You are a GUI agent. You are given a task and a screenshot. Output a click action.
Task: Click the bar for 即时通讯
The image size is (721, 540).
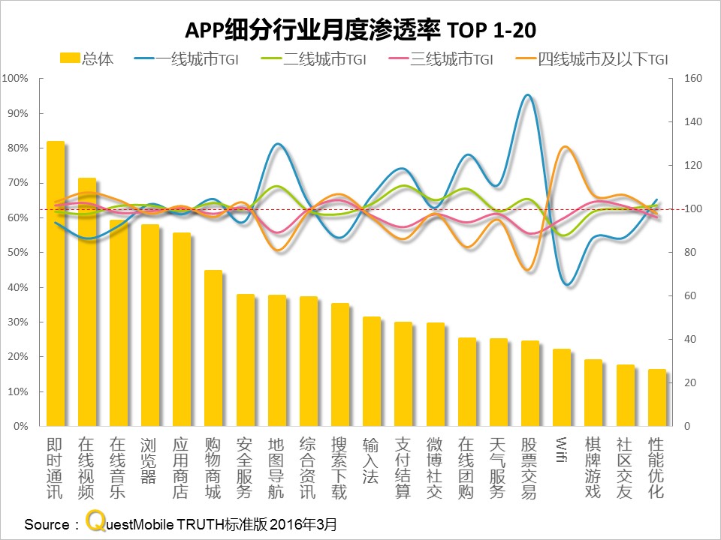click(x=56, y=285)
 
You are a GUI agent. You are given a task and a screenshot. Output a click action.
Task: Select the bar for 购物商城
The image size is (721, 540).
click(x=213, y=349)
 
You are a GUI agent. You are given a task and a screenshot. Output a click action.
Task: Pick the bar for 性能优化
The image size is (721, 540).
click(x=656, y=397)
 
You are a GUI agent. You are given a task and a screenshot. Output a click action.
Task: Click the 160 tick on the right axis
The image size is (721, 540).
click(x=691, y=79)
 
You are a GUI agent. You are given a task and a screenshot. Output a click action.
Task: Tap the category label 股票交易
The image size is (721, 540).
click(x=530, y=469)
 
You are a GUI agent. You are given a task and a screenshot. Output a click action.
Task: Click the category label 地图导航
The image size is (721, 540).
click(x=276, y=469)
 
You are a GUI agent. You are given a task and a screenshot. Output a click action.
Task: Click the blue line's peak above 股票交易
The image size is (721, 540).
click(x=528, y=95)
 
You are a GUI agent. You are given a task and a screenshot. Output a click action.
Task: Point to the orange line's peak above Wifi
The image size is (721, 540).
click(x=564, y=147)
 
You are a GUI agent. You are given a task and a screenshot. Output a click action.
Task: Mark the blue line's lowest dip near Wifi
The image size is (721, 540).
click(x=569, y=284)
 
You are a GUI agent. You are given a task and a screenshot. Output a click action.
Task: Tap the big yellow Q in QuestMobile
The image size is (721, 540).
click(x=95, y=520)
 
